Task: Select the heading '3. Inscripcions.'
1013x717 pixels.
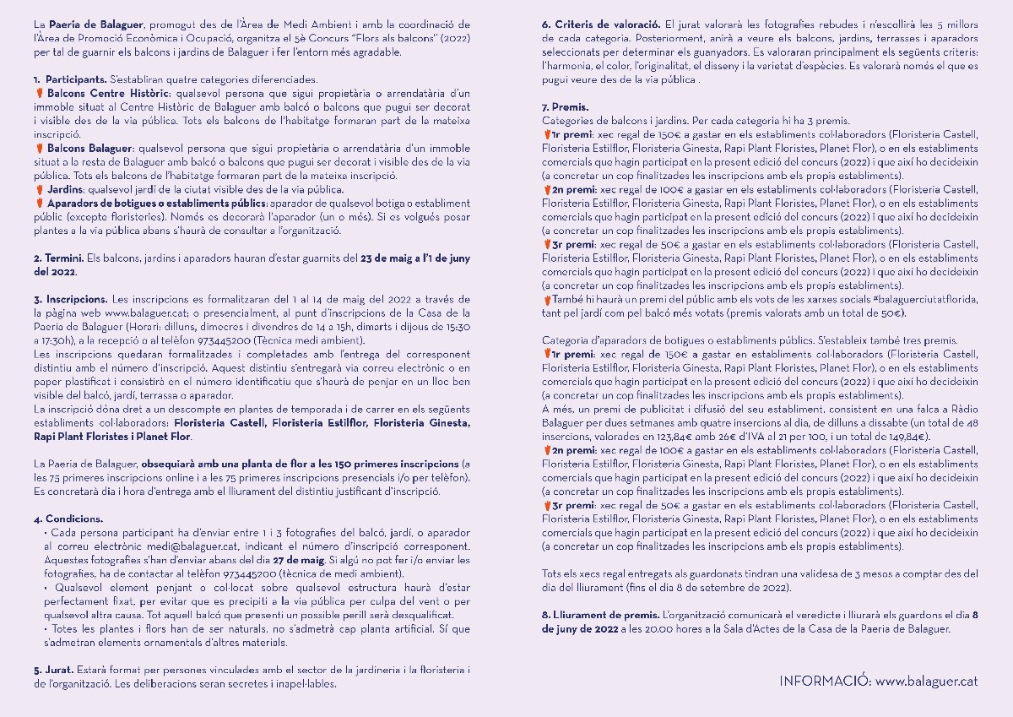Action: pos(71,298)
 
